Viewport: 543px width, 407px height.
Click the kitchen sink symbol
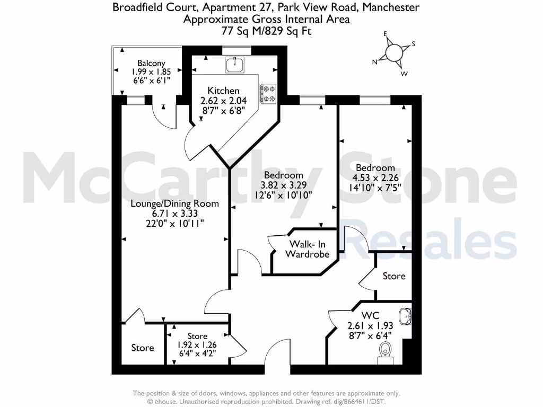tap(234, 65)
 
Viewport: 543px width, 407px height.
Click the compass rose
tap(393, 52)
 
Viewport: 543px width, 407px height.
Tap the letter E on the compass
tap(386, 34)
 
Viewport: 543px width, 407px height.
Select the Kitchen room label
tap(223, 91)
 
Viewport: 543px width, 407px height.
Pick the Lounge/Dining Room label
tap(174, 203)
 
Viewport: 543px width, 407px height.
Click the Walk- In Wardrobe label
tap(307, 249)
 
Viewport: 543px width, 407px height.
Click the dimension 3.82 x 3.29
tap(283, 185)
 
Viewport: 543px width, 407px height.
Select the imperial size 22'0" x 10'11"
tap(174, 223)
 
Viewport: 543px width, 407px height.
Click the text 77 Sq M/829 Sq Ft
tap(266, 31)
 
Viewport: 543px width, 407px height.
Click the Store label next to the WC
tap(394, 276)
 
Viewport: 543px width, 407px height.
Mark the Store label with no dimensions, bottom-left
tap(143, 348)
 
